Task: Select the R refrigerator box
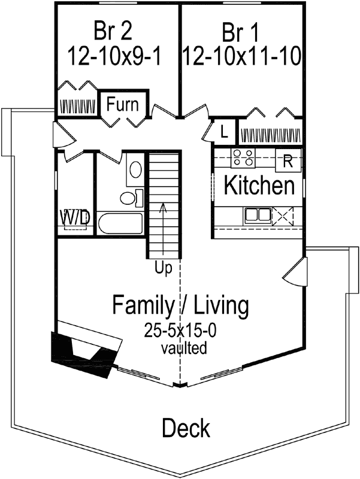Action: point(288,160)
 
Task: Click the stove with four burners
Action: point(243,159)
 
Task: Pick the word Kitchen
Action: point(259,186)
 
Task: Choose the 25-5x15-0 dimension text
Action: point(180,330)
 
